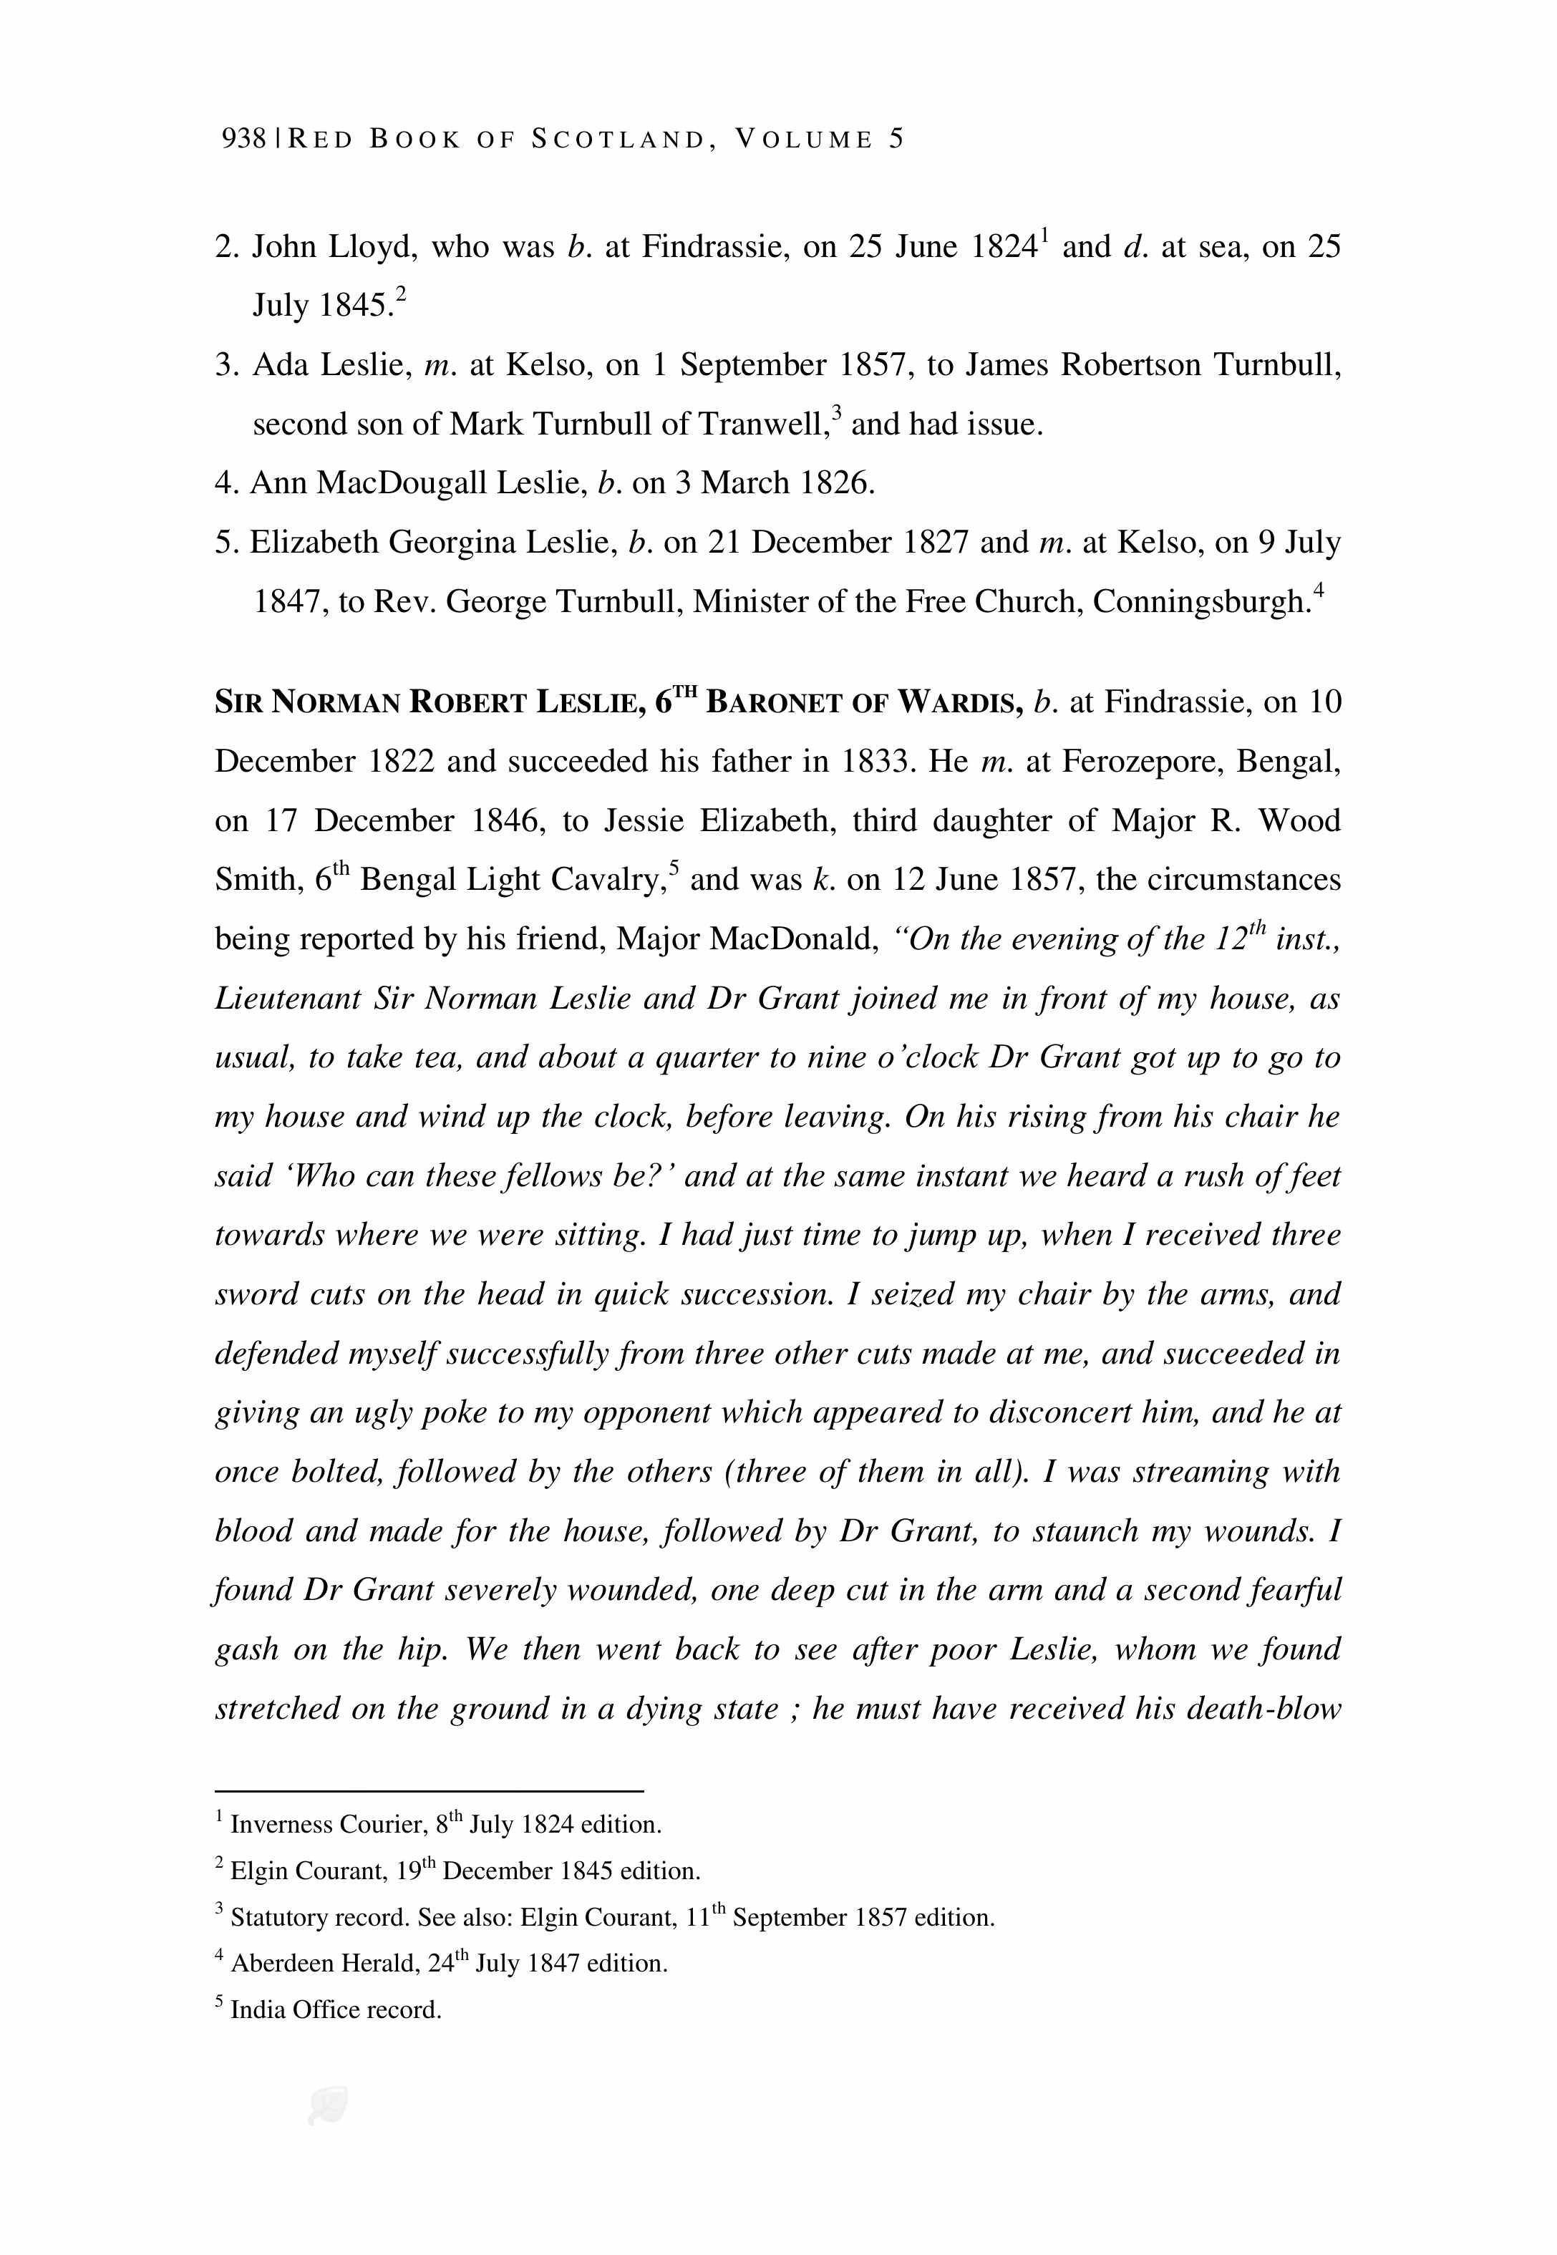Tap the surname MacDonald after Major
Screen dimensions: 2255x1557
[x=796, y=939]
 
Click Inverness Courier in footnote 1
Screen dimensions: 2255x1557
[x=327, y=1824]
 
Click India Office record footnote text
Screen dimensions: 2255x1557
[x=336, y=2009]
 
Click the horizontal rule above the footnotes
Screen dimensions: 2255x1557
[x=430, y=1790]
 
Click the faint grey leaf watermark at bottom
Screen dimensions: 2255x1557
[x=328, y=2107]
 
